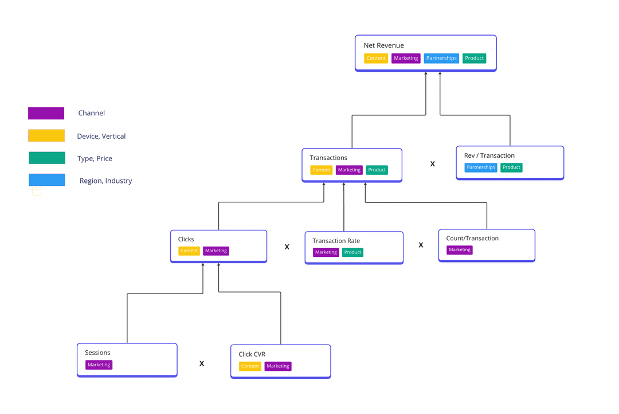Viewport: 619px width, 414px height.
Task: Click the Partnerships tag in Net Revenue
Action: coord(441,58)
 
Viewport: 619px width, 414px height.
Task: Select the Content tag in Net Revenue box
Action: coord(376,58)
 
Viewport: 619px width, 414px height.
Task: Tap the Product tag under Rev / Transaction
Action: coord(511,167)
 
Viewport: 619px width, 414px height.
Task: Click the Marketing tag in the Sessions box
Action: coord(99,365)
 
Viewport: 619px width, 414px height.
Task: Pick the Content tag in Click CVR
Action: coord(250,366)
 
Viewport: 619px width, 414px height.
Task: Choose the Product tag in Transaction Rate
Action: coord(352,252)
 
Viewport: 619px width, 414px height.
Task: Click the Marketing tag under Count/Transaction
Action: coord(460,249)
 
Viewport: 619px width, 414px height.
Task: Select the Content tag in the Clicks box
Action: coord(189,251)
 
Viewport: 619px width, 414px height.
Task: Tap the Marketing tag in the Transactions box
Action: coord(349,170)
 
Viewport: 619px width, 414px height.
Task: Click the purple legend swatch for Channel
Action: coord(46,113)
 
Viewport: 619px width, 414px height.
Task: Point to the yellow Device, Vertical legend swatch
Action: coord(46,135)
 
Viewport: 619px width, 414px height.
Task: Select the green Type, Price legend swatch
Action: coord(47,158)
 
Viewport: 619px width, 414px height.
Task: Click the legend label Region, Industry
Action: coord(106,181)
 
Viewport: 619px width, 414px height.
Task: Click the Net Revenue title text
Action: coord(383,45)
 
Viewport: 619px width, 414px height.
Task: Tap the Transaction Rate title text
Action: coord(336,241)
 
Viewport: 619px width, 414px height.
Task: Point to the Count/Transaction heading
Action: coord(472,238)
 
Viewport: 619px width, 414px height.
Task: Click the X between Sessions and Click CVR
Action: coord(202,364)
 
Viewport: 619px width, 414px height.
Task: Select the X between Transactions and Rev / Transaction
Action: coord(433,164)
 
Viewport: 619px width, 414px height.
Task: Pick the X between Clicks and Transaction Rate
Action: coord(287,247)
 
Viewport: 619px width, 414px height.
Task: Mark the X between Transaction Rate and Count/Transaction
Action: coord(421,245)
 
